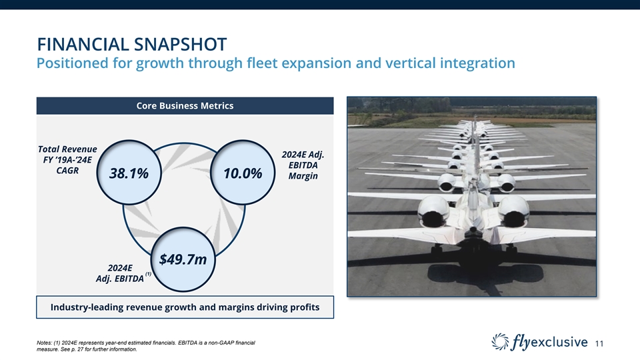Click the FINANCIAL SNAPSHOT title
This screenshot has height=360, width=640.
coord(132,45)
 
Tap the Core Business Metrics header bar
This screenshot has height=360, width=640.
coord(185,106)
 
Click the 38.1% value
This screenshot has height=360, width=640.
coord(129,173)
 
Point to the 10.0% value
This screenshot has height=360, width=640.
coord(243,173)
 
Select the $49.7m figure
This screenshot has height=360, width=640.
coord(183,259)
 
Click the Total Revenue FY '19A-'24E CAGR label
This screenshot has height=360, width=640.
coord(67,159)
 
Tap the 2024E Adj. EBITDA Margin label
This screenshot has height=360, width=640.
coord(303,165)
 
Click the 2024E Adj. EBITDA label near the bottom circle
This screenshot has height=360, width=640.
coord(119,273)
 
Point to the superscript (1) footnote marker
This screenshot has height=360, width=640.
coord(148,274)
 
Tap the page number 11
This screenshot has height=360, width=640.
coord(599,344)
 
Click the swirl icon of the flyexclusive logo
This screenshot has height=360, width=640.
coord(500,341)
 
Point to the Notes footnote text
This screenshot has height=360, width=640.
coord(146,346)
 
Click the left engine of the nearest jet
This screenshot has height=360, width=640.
coord(433,211)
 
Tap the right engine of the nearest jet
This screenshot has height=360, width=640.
coord(513,211)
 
